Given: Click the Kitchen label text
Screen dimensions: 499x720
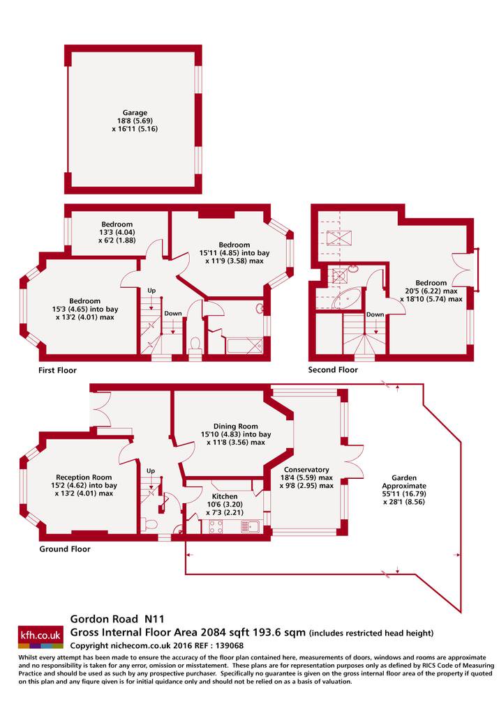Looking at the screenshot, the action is click(225, 496).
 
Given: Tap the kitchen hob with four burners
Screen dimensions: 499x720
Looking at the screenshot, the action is click(216, 526).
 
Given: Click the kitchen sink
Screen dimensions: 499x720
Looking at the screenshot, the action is click(251, 526).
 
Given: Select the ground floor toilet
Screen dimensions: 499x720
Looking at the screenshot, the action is click(150, 524).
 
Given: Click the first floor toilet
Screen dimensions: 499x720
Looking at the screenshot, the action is click(195, 344).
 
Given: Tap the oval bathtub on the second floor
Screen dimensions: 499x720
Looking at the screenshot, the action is click(347, 298).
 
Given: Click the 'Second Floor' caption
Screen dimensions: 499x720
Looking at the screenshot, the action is click(332, 369).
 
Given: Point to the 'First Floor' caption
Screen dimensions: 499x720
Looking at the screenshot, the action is click(57, 370).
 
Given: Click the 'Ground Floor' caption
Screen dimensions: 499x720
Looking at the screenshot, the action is click(65, 549).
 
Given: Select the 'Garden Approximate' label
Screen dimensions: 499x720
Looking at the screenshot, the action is click(404, 482).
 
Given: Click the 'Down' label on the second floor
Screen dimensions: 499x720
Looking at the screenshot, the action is click(375, 314).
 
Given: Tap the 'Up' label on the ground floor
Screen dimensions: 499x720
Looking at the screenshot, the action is click(150, 470).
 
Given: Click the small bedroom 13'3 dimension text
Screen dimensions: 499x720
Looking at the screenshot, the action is click(117, 232).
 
